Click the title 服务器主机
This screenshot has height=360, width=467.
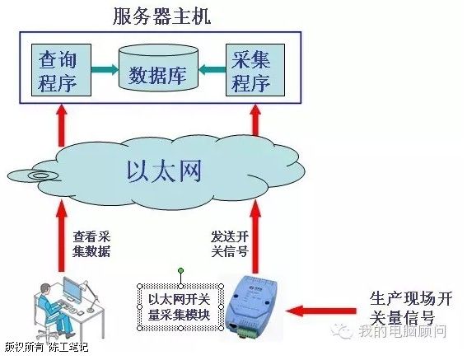pyautogui.click(x=162, y=16)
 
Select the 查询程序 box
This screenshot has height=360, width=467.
pyautogui.click(x=61, y=70)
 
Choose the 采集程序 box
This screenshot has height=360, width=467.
pyautogui.click(x=255, y=70)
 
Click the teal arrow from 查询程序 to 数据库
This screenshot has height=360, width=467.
pyautogui.click(x=105, y=70)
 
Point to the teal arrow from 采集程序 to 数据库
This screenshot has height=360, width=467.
pyautogui.click(x=212, y=70)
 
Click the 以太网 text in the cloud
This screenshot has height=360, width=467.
pyautogui.click(x=164, y=171)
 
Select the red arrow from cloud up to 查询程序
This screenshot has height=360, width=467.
pyautogui.click(x=62, y=125)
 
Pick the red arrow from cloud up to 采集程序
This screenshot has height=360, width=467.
pyautogui.click(x=255, y=120)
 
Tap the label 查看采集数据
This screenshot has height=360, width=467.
pyautogui.click(x=91, y=244)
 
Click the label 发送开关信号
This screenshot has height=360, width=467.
pyautogui.click(x=230, y=244)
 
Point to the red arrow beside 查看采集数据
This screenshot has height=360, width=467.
pyautogui.click(x=62, y=236)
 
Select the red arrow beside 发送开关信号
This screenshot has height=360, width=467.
pyautogui.click(x=255, y=236)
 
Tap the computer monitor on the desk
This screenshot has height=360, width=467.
pyautogui.click(x=72, y=289)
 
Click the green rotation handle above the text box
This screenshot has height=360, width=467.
pyautogui.click(x=180, y=271)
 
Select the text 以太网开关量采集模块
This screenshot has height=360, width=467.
pyautogui.click(x=180, y=307)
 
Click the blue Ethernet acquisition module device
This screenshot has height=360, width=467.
pyautogui.click(x=253, y=307)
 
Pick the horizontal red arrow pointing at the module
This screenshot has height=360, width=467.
pyautogui.click(x=320, y=311)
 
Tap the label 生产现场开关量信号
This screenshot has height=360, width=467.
pyautogui.click(x=411, y=308)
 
